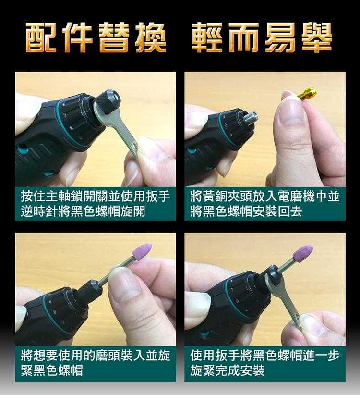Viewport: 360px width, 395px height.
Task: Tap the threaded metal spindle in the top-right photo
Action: [x=252, y=118]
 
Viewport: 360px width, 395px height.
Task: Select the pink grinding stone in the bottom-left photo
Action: [x=142, y=252]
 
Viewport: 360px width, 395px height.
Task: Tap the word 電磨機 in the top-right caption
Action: [x=296, y=196]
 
